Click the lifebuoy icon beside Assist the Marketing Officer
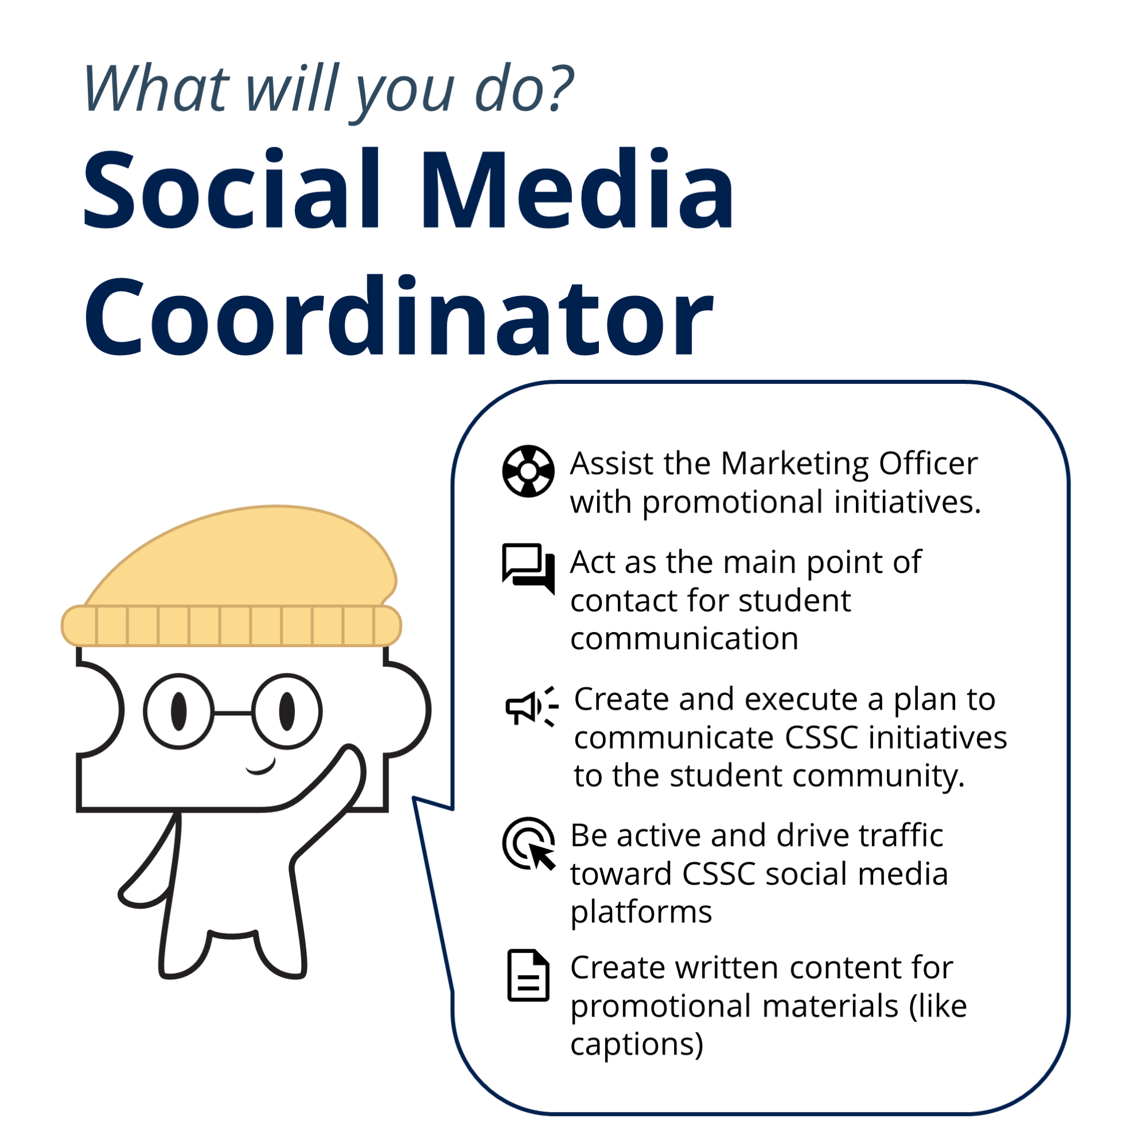[x=528, y=471]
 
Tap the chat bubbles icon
[x=528, y=568]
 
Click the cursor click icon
[x=529, y=844]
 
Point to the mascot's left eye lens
[x=178, y=711]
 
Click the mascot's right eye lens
[x=287, y=711]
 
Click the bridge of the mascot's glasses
[x=232, y=713]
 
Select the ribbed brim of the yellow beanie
[x=232, y=625]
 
